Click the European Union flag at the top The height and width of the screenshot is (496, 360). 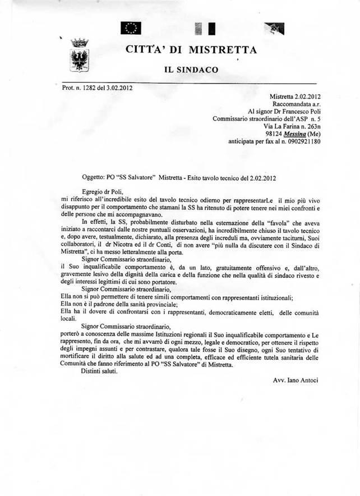[x=133, y=27]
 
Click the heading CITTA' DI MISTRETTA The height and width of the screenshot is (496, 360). [x=192, y=50]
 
